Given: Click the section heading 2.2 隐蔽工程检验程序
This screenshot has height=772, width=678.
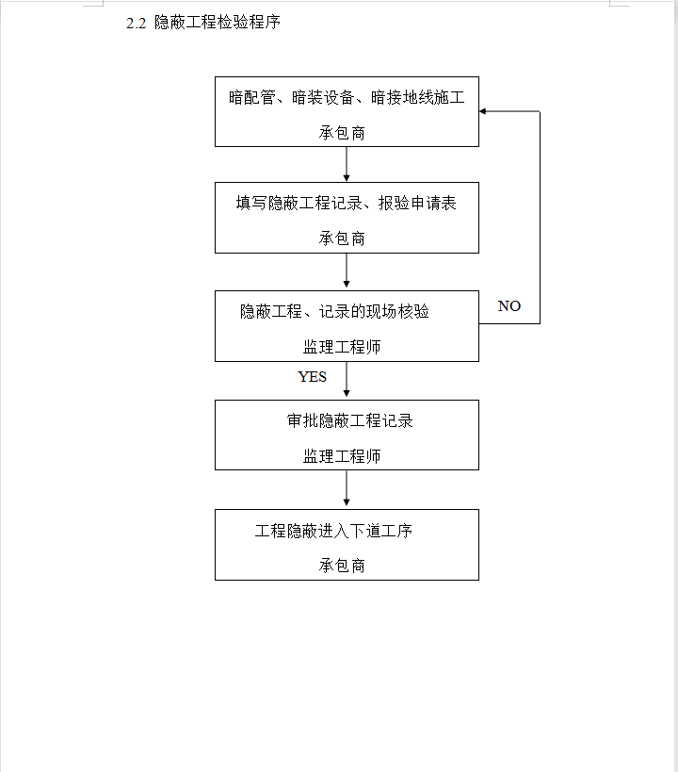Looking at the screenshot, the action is [x=203, y=23].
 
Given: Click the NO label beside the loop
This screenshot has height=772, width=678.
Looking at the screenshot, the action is [x=509, y=305].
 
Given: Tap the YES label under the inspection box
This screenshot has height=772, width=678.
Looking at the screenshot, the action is [x=312, y=377].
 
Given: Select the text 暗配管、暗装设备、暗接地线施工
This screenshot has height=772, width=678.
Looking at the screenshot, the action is [x=347, y=97].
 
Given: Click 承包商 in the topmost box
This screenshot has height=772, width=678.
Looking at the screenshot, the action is [x=342, y=133].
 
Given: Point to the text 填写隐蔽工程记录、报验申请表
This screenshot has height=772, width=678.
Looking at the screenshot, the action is [x=347, y=203].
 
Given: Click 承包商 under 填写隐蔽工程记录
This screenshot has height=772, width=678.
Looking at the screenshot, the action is [x=342, y=238].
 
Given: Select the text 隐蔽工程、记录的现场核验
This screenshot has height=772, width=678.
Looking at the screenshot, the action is [x=334, y=311].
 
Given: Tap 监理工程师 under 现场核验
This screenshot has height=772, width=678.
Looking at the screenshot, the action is [x=342, y=347].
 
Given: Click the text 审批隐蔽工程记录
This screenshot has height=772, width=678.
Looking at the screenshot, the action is [x=349, y=420].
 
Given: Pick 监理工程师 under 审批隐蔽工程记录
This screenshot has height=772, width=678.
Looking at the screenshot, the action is [x=342, y=456].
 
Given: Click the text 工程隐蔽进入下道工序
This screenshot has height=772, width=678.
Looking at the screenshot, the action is [x=333, y=531].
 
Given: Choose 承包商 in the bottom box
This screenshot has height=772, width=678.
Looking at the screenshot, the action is [x=342, y=566].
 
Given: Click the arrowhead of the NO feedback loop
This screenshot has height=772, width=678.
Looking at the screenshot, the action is [x=483, y=111].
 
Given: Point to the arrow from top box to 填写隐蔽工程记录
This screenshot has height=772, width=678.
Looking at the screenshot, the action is [x=347, y=164].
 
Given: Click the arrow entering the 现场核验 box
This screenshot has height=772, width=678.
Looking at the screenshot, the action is [x=347, y=271].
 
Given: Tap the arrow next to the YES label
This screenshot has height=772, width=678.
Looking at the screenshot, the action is [x=347, y=380].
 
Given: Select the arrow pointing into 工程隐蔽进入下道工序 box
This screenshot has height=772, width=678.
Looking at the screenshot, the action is [x=347, y=488].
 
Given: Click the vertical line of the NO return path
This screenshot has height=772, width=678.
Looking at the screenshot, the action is [x=540, y=218].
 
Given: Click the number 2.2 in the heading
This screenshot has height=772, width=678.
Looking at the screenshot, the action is [x=136, y=24].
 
